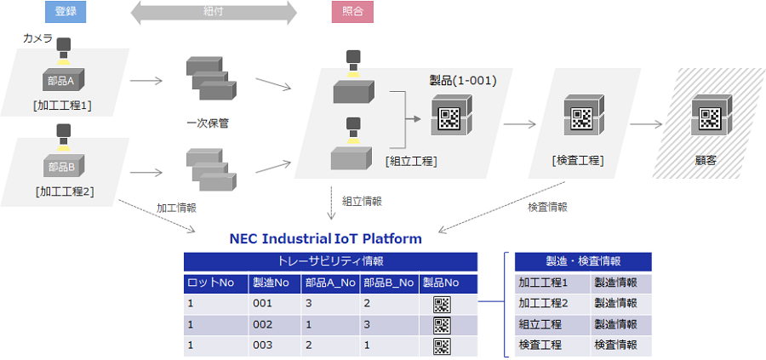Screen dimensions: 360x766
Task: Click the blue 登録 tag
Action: point(66,13)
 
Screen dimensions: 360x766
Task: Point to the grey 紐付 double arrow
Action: point(213,13)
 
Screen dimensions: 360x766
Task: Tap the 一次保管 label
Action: point(208,123)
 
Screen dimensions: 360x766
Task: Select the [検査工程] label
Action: point(578,161)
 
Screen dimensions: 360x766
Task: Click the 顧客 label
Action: point(706,159)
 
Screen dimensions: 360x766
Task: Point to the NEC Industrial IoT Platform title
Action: point(326,238)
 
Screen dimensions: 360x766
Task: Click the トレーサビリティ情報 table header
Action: point(330,262)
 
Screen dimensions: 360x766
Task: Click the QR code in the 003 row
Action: point(442,346)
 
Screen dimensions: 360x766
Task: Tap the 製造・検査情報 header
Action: point(583,262)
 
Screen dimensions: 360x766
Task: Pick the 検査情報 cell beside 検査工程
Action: point(615,346)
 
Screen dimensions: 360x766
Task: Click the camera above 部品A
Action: point(64,47)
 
